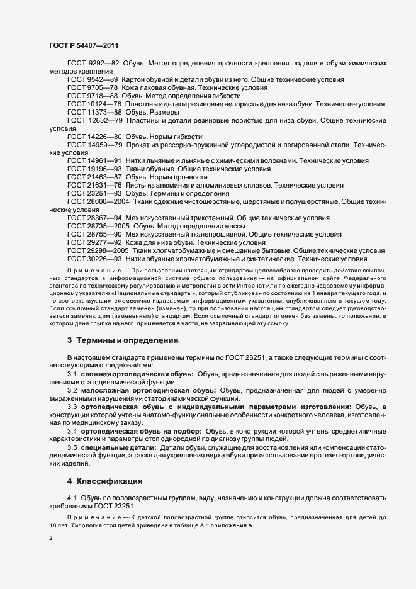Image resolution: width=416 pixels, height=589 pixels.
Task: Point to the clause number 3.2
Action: coord(72,390)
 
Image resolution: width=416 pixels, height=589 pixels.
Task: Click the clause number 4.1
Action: coord(72,498)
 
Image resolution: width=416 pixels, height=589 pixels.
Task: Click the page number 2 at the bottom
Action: coord(50,539)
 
